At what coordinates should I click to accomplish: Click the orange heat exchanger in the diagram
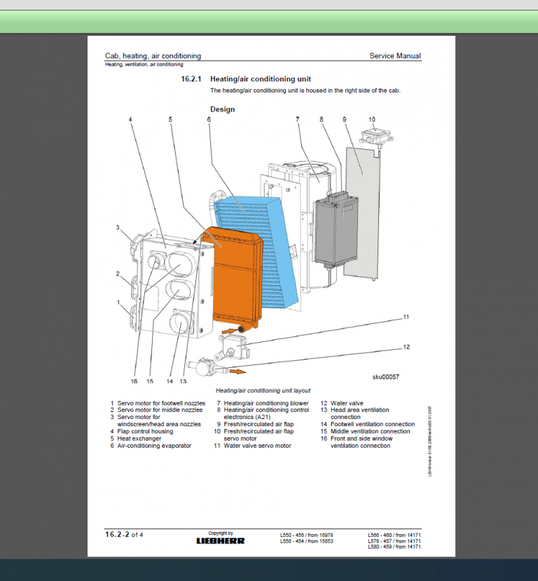click(x=235, y=280)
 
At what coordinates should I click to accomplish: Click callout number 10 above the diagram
click(x=371, y=120)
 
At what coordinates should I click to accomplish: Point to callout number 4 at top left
click(x=130, y=120)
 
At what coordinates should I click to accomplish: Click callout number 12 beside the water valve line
click(x=406, y=347)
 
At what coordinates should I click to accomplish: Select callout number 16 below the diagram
click(x=134, y=381)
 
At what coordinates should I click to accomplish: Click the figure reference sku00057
click(x=385, y=377)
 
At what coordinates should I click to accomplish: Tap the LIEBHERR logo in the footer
click(x=220, y=540)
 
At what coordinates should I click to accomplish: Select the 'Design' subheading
click(x=222, y=109)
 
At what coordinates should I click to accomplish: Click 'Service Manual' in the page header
click(x=395, y=55)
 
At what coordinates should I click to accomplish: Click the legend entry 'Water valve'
click(x=347, y=403)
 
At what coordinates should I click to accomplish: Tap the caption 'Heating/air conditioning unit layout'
click(x=263, y=390)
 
